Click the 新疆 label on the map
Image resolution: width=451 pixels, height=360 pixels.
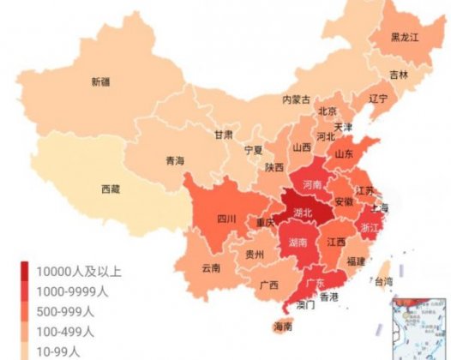(x=100, y=82)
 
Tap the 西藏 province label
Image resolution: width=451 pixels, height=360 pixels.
(x=111, y=189)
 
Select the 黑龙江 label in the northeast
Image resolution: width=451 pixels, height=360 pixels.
(x=405, y=37)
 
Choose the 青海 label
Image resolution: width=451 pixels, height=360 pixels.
(x=175, y=160)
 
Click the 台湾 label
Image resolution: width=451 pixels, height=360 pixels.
(x=382, y=280)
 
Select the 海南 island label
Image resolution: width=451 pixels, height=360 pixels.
(x=282, y=327)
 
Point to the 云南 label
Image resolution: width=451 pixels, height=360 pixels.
(x=211, y=267)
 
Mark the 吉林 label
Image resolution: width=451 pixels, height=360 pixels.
(x=400, y=75)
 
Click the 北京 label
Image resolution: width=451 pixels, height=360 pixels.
(x=327, y=111)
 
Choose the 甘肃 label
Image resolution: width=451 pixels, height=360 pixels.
(x=224, y=135)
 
